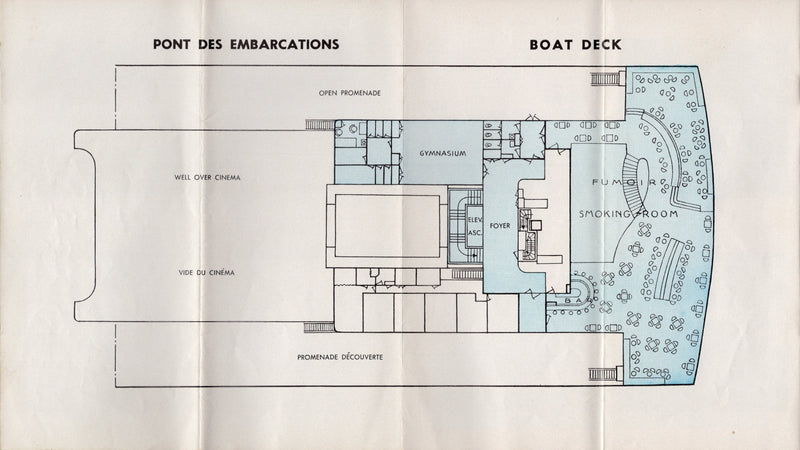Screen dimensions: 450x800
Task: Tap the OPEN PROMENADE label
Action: (350, 93)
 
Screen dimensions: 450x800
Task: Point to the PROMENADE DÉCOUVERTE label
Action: (342, 357)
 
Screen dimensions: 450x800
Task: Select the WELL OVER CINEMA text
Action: (209, 177)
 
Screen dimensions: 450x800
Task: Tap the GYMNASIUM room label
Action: (433, 158)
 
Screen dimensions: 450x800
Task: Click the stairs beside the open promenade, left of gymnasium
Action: (319, 125)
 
